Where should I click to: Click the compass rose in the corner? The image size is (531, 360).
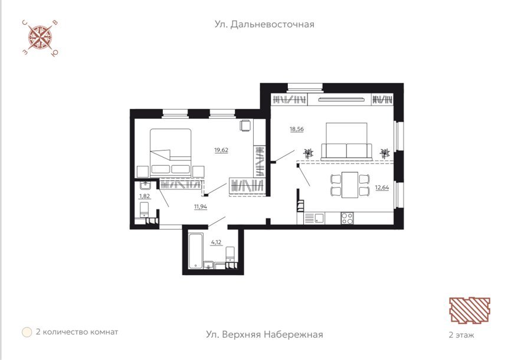tap(40, 38)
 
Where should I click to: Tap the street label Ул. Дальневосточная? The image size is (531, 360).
tap(264, 24)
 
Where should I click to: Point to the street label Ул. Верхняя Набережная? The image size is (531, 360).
tap(264, 335)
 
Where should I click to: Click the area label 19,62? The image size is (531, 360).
tap(221, 150)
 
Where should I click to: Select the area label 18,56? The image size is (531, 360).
tap(297, 129)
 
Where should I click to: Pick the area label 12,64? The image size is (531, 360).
tap(382, 187)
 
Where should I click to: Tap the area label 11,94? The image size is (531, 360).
tap(201, 207)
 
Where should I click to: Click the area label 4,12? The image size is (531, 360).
tap(216, 242)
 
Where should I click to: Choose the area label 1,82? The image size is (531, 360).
tap(145, 196)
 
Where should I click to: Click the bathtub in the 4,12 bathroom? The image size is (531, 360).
tap(195, 251)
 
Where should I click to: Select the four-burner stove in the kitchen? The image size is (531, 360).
tap(347, 218)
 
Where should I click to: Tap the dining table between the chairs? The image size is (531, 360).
tap(350, 185)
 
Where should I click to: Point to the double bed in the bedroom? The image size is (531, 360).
tap(171, 152)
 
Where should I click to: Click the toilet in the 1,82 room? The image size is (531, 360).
tap(145, 210)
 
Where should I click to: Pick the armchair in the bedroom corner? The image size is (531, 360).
tap(246, 125)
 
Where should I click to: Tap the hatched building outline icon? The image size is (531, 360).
tap(470, 310)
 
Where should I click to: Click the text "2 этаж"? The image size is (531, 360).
tap(461, 335)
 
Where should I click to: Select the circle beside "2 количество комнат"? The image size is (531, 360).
tap(27, 332)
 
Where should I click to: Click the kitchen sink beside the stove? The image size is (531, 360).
tap(319, 218)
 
